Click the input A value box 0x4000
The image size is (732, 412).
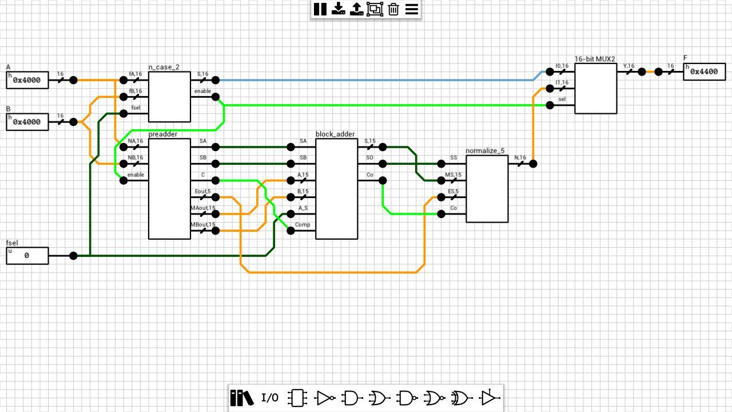point(27,80)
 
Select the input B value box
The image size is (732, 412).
point(27,122)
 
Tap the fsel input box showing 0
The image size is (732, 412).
point(27,256)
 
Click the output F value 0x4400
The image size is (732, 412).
point(704,72)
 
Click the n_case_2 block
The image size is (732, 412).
point(169,97)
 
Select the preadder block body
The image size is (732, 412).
point(169,189)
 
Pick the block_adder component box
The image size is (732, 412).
point(336,189)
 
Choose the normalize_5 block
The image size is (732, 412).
point(487,189)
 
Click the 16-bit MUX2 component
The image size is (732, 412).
point(595,89)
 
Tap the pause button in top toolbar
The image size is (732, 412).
point(320,9)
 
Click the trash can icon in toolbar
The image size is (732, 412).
point(393,9)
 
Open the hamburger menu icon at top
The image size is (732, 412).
point(412,9)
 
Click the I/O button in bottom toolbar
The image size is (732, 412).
point(270,398)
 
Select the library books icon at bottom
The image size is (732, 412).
point(241,398)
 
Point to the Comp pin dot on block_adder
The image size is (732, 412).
point(291,231)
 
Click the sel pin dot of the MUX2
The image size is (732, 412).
point(550,105)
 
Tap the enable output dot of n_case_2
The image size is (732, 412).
point(216,97)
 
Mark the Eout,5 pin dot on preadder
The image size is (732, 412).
point(216,197)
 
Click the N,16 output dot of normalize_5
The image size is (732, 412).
point(533,164)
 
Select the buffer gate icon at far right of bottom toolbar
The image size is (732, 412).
point(489,398)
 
